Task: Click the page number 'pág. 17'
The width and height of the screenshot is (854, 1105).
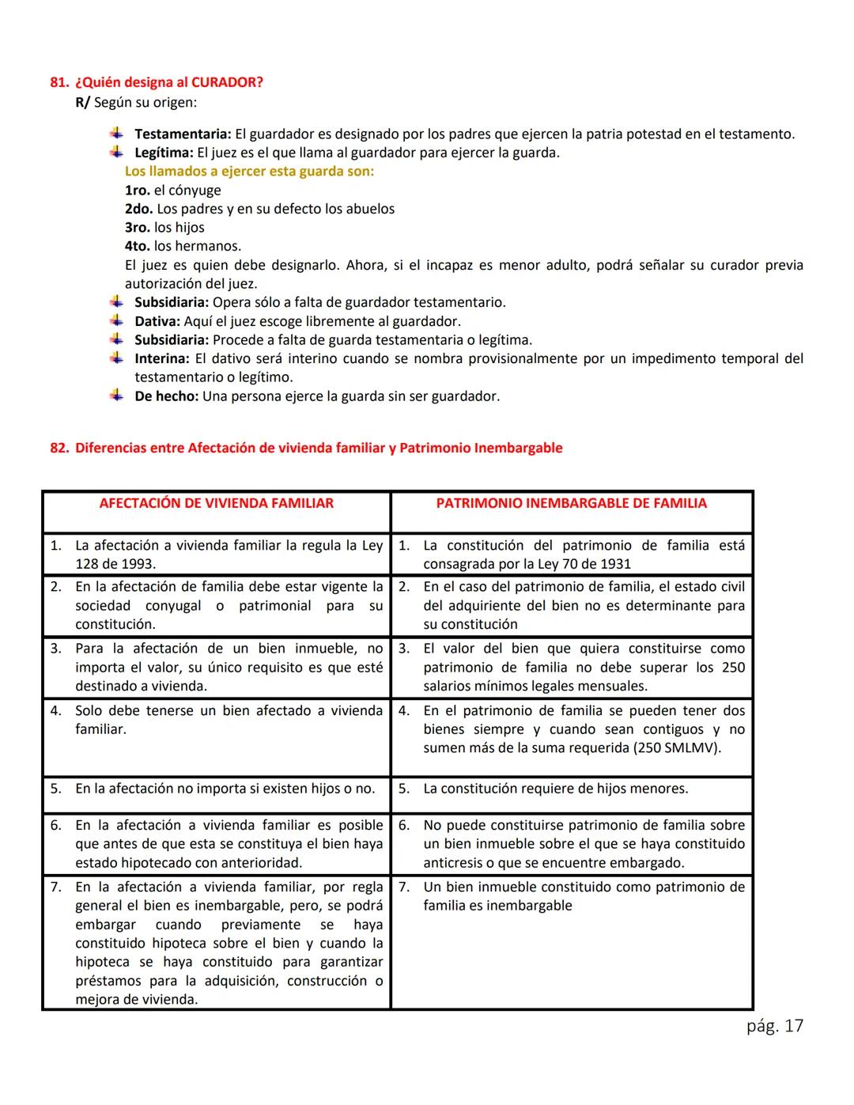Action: click(774, 1026)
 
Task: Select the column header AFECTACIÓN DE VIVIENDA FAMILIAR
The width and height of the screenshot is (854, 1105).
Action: click(216, 503)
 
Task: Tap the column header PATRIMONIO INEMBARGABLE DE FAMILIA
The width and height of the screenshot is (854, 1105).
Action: click(571, 503)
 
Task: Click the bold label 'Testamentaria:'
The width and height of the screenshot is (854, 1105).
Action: click(183, 134)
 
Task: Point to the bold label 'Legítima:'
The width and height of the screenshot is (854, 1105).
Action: click(164, 153)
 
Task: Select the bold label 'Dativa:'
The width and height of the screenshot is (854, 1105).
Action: click(157, 321)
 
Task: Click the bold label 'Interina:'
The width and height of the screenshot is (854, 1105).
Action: click(162, 359)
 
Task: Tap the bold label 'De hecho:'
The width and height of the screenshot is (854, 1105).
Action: click(166, 396)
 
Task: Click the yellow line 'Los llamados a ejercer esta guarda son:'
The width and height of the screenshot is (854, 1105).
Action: click(249, 172)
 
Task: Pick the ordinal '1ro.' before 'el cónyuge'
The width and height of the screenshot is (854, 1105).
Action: click(138, 191)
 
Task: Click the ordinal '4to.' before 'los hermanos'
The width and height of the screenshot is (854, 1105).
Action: click(138, 247)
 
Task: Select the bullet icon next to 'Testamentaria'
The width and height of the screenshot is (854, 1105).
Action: click(117, 134)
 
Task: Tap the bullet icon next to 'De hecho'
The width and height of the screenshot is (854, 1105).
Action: click(117, 395)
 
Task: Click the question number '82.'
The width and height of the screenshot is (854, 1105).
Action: click(59, 448)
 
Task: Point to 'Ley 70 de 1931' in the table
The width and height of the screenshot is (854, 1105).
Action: click(584, 564)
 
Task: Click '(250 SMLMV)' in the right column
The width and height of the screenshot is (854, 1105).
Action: click(679, 748)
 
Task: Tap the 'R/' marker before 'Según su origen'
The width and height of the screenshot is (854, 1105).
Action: click(83, 103)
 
